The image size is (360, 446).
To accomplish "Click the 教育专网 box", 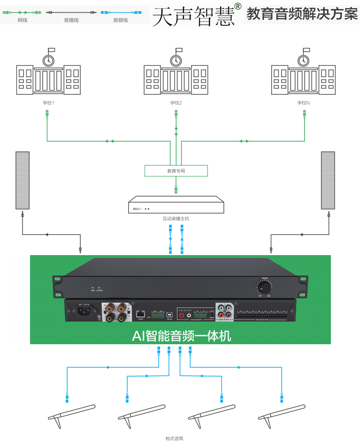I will (176, 171).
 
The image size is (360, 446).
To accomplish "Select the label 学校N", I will (304, 103).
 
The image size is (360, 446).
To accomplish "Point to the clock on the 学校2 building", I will (176, 60).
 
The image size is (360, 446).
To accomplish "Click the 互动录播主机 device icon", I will (176, 205).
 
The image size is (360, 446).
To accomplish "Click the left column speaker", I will (23, 181).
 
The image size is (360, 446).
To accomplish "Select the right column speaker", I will (328, 181).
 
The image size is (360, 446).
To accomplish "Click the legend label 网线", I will (22, 20).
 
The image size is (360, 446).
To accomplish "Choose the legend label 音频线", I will (120, 20).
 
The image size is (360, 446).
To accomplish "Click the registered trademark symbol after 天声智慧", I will (237, 7).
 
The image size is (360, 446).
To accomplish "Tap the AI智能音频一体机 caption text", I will (180, 336).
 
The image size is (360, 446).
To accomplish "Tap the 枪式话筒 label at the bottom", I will (174, 438).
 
